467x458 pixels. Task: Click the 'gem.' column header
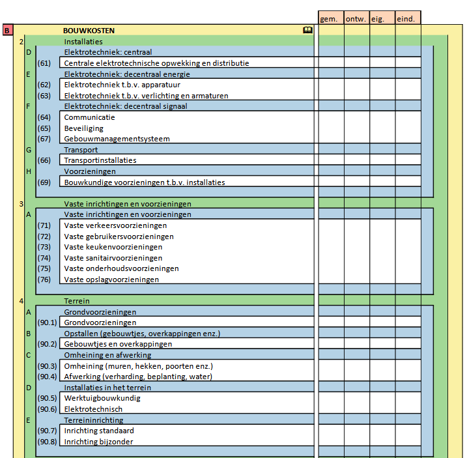(x=330, y=19)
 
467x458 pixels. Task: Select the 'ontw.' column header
(x=356, y=19)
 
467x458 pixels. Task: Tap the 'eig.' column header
(x=382, y=19)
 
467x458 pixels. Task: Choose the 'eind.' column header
(x=408, y=19)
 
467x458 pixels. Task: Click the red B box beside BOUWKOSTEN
(x=7, y=30)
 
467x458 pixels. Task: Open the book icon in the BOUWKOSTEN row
(x=307, y=30)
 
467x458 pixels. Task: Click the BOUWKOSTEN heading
(x=89, y=31)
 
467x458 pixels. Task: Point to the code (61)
(x=44, y=63)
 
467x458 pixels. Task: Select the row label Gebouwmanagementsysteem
(x=117, y=139)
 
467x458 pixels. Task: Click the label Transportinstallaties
(x=100, y=160)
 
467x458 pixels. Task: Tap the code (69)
(x=44, y=182)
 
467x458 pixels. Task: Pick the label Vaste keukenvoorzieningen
(x=113, y=247)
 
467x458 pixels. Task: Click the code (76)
(x=44, y=279)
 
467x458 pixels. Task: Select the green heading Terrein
(x=76, y=301)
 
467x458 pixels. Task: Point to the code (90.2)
(x=47, y=344)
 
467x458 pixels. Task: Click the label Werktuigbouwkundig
(x=102, y=398)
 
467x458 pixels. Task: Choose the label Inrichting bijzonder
(x=98, y=442)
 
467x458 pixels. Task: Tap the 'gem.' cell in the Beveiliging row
(x=330, y=128)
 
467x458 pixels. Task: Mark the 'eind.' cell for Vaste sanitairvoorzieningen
(x=408, y=258)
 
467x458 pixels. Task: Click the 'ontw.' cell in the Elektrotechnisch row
(x=356, y=409)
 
